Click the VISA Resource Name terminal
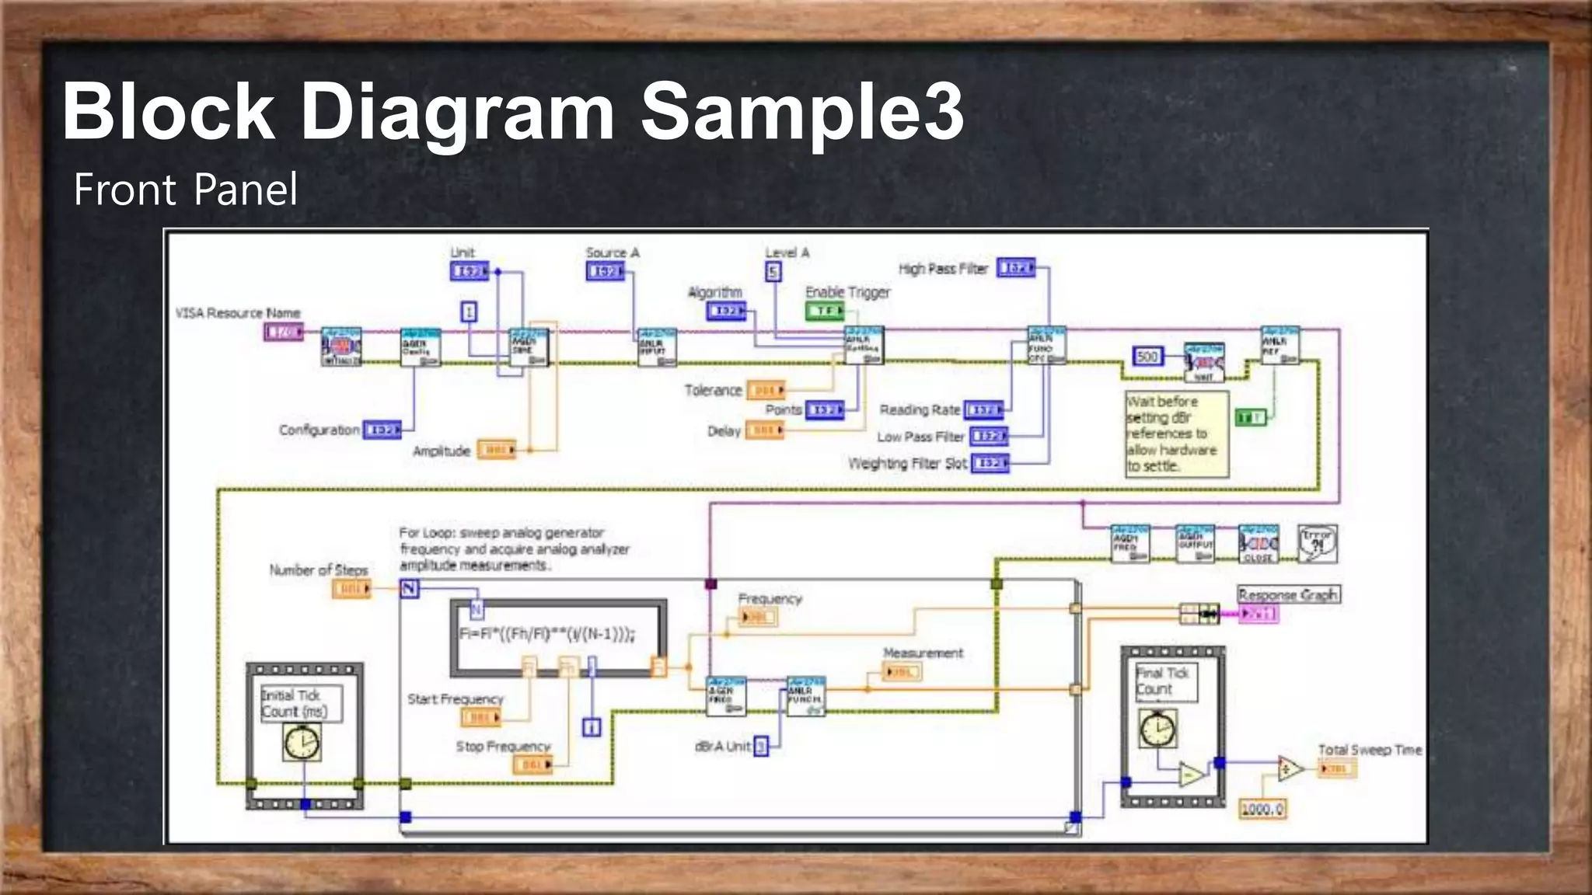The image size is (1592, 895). (x=282, y=333)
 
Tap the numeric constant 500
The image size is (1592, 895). (x=1147, y=357)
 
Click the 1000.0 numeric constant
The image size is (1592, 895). (x=1262, y=810)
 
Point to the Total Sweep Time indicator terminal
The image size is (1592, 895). (x=1337, y=769)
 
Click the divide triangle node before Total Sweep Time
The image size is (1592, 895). (x=1290, y=769)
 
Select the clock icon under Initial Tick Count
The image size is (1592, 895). (x=302, y=743)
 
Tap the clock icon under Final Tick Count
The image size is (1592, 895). (x=1157, y=729)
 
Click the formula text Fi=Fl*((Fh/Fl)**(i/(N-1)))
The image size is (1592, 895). (x=547, y=634)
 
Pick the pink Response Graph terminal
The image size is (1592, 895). (x=1258, y=615)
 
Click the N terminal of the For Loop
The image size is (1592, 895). (x=410, y=589)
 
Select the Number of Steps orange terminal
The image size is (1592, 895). (x=352, y=589)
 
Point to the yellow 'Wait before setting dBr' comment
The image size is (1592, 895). (x=1175, y=434)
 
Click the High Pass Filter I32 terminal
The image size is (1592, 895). (x=1016, y=268)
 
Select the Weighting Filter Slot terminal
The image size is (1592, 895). (x=990, y=464)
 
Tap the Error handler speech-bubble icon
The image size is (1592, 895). (x=1318, y=544)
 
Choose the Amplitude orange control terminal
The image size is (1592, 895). (x=496, y=450)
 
